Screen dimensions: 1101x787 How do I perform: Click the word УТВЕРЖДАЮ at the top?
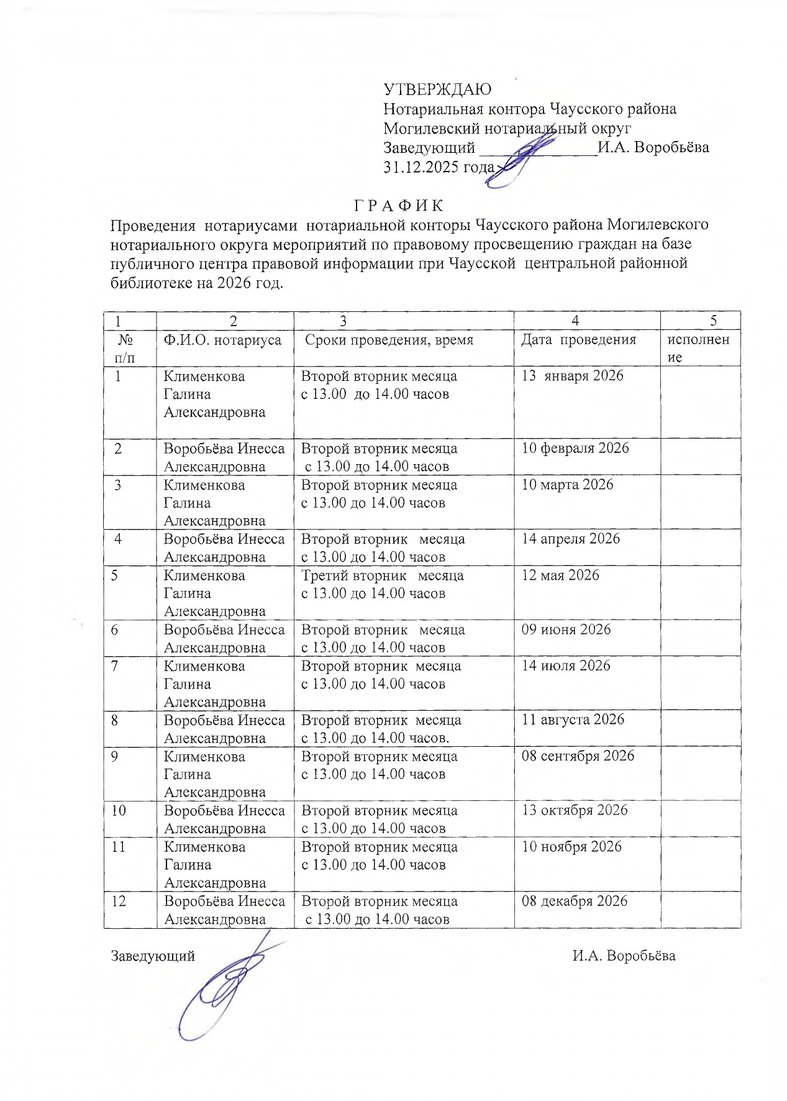437,89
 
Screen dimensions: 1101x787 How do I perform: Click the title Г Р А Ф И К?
399,206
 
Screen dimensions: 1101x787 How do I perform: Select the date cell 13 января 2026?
572,376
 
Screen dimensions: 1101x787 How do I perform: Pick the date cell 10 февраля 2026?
575,449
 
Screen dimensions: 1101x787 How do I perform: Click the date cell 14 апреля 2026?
570,539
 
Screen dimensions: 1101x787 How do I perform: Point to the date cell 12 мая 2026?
560,575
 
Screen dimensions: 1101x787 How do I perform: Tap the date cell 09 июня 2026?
566,629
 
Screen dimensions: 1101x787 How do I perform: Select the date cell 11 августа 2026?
573,720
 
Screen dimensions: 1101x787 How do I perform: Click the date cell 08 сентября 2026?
578,756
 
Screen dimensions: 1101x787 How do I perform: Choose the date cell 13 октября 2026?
575,810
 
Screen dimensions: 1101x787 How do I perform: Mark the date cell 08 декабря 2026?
575,901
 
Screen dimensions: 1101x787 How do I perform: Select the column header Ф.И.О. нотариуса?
222,340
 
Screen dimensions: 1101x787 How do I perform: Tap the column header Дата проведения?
578,340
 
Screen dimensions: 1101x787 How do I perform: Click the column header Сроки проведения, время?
389,340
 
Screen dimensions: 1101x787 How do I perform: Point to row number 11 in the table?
118,847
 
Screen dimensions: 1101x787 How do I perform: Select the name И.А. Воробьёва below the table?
624,956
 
